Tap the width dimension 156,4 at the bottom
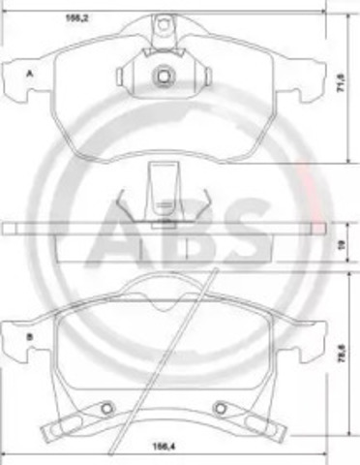point(157,448)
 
